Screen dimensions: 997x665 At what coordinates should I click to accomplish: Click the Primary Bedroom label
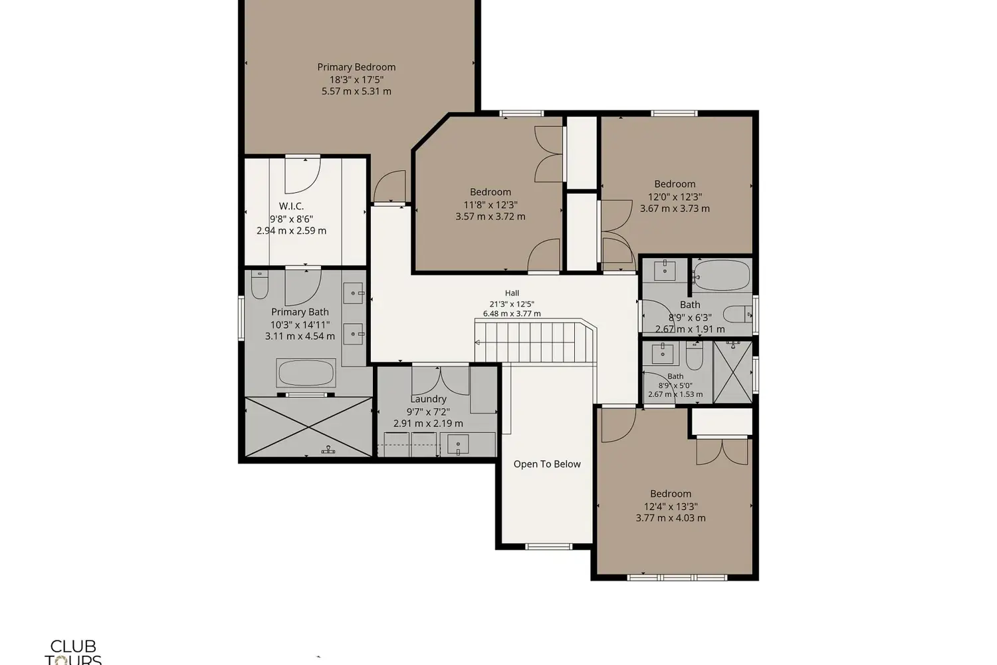(356, 67)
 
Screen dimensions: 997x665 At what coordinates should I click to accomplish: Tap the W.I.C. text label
(291, 206)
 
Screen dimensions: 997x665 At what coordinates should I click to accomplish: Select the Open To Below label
(547, 464)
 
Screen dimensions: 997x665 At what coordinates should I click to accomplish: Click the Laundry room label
(428, 399)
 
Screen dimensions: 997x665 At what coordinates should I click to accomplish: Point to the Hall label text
(512, 293)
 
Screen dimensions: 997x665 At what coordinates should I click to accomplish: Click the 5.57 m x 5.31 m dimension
(356, 91)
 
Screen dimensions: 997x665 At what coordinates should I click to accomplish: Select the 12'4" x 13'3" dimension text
(671, 507)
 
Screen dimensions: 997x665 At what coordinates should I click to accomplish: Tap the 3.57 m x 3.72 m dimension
(490, 217)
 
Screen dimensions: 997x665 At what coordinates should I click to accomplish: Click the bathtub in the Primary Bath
(306, 373)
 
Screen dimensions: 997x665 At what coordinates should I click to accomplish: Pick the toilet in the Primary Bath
(259, 285)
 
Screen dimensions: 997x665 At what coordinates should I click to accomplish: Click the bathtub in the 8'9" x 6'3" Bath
(721, 275)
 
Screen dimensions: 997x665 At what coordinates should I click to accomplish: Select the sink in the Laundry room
(458, 444)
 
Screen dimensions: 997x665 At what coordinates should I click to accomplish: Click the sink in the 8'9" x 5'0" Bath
(663, 354)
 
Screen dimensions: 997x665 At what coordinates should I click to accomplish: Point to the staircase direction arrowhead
(477, 342)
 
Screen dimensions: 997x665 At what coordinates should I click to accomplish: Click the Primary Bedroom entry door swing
(390, 186)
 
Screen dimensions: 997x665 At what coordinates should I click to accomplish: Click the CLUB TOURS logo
(73, 652)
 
